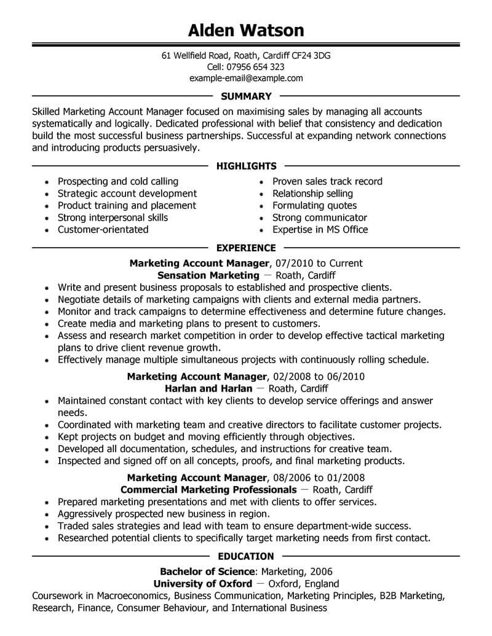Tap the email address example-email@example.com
pyautogui.click(x=246, y=78)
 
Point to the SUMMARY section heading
pyautogui.click(x=246, y=96)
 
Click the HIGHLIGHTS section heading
pyautogui.click(x=246, y=166)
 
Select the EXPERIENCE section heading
pyautogui.click(x=246, y=248)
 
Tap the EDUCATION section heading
pyautogui.click(x=246, y=556)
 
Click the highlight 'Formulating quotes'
pyautogui.click(x=314, y=206)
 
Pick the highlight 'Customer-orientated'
pyautogui.click(x=103, y=230)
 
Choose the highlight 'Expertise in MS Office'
pyautogui.click(x=320, y=230)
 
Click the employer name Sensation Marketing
pyautogui.click(x=208, y=275)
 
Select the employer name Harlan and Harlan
pyautogui.click(x=208, y=388)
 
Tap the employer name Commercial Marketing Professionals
pyautogui.click(x=208, y=490)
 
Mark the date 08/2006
pyautogui.click(x=292, y=477)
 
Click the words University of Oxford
pyautogui.click(x=202, y=584)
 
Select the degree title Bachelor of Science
pyautogui.click(x=207, y=571)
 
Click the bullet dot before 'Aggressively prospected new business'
pyautogui.click(x=47, y=514)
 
